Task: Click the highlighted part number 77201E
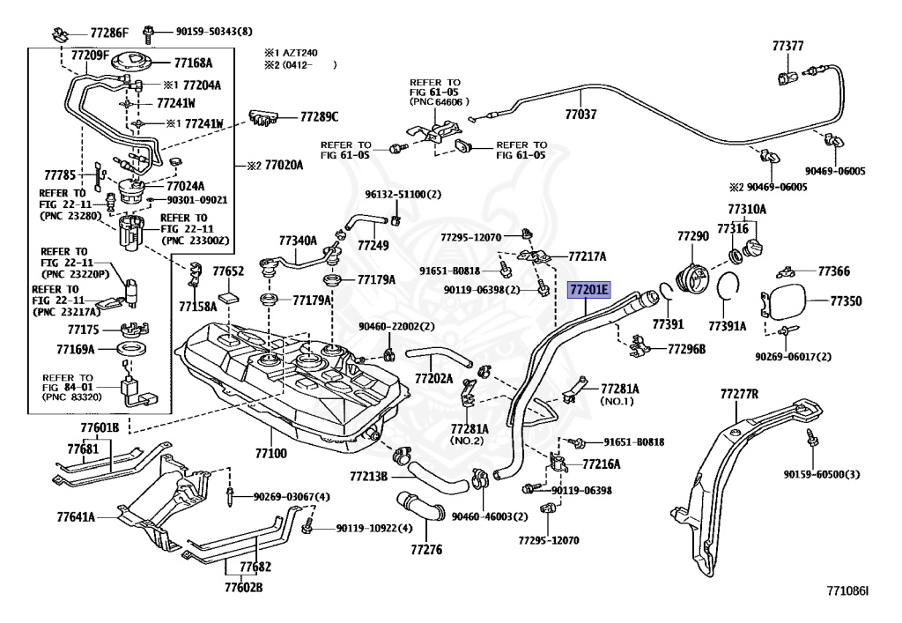pyautogui.click(x=588, y=288)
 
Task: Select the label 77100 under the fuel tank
pyautogui.click(x=271, y=453)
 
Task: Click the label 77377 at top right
pyautogui.click(x=787, y=46)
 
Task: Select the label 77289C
pyautogui.click(x=319, y=116)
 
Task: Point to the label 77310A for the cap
pyautogui.click(x=746, y=210)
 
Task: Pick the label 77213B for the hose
pyautogui.click(x=367, y=477)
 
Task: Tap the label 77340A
pyautogui.click(x=298, y=241)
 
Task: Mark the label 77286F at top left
pyautogui.click(x=109, y=33)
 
